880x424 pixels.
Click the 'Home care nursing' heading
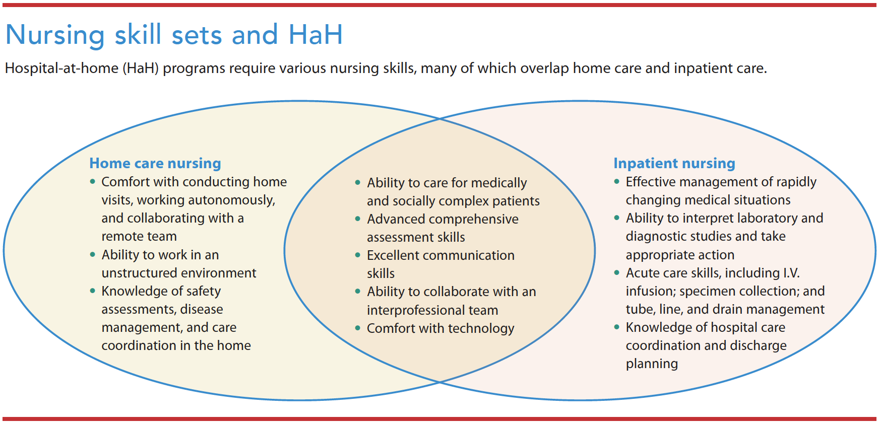(x=155, y=163)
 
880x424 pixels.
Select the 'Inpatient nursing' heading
(x=674, y=163)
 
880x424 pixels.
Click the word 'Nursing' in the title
(x=55, y=35)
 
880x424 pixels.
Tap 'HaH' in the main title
(x=316, y=35)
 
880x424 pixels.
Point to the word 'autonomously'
(x=231, y=200)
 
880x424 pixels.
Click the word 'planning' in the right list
(x=652, y=364)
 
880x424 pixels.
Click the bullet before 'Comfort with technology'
(x=357, y=328)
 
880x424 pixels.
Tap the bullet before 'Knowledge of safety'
(x=92, y=291)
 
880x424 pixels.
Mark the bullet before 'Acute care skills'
(x=616, y=273)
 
